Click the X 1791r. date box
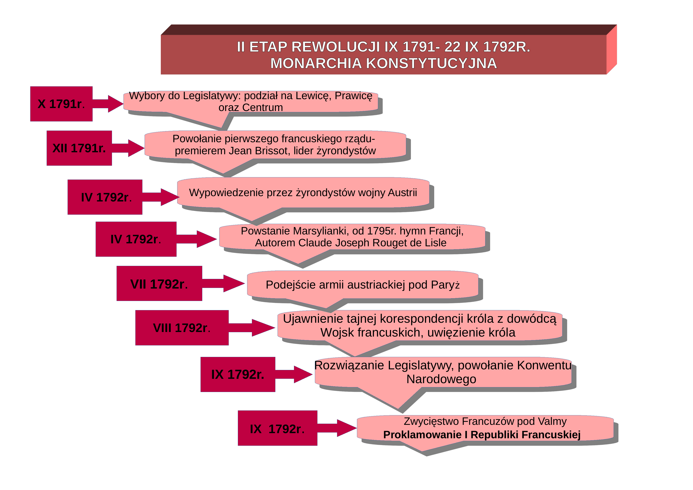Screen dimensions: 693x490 (61, 104)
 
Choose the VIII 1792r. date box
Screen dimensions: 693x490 (182, 328)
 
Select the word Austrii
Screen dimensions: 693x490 (402, 193)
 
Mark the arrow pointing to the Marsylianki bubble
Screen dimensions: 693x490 (197, 239)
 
